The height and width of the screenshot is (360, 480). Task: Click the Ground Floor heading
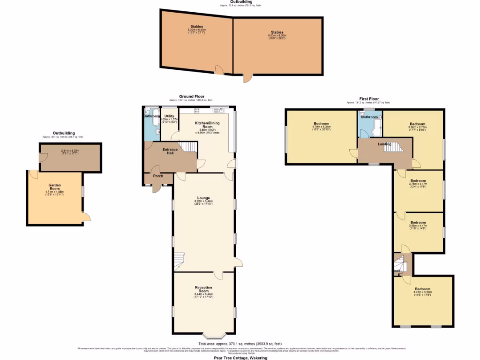click(191, 97)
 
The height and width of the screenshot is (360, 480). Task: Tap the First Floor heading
click(368, 99)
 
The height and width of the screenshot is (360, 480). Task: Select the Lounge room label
click(203, 198)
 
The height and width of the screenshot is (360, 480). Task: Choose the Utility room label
click(169, 116)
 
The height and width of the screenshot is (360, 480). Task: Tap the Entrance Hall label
click(170, 151)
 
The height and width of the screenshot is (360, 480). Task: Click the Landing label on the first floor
click(384, 144)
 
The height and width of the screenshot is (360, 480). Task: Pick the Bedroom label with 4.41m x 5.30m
click(422, 289)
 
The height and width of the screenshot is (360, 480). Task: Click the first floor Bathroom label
click(369, 117)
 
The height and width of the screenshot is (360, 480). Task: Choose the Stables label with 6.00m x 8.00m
click(277, 32)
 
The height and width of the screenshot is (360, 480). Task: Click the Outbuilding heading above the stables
click(240, 2)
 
